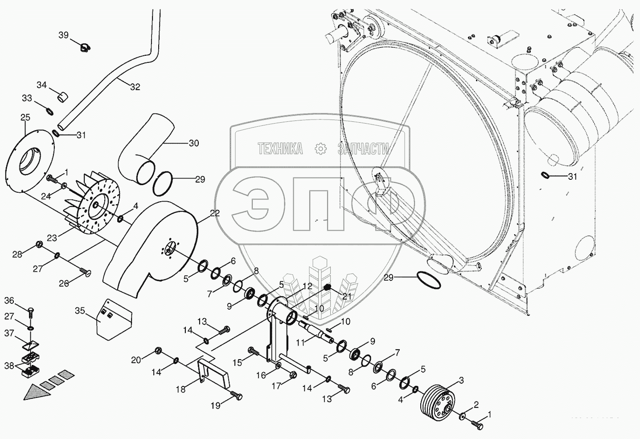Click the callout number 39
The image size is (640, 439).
click(63, 35)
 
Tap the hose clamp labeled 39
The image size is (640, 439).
click(85, 46)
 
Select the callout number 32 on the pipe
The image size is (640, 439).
click(135, 87)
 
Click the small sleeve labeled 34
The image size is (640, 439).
click(63, 95)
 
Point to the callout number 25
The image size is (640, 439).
click(25, 117)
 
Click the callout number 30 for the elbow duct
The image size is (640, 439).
click(193, 143)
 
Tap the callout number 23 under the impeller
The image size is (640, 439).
click(52, 238)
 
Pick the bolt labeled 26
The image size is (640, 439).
click(85, 271)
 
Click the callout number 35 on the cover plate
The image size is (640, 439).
click(80, 310)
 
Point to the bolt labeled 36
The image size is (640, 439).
click(31, 311)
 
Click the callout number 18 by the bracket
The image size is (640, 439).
click(180, 389)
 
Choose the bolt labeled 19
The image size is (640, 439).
click(237, 395)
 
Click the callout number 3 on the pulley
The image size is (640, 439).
click(461, 380)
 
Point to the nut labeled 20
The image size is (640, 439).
click(158, 350)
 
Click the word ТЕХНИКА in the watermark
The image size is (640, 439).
click(280, 149)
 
